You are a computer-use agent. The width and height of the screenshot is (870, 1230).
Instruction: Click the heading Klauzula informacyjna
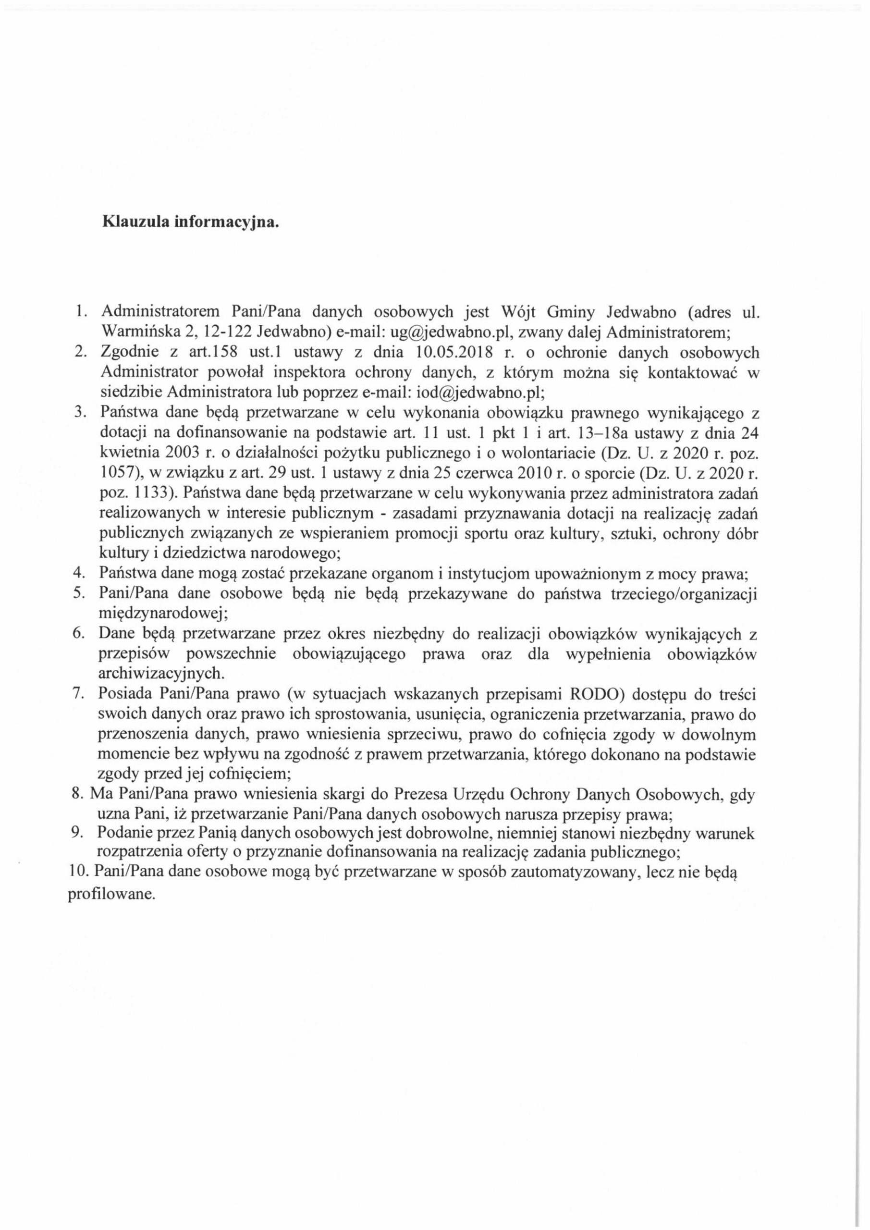tap(190, 223)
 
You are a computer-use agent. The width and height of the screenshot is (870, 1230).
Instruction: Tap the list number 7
tap(76, 693)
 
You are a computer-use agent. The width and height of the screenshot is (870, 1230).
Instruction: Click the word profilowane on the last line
tap(111, 895)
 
